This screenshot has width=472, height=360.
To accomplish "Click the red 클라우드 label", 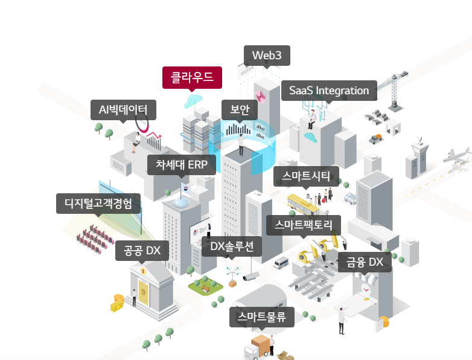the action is (192, 77).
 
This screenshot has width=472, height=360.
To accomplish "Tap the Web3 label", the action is (267, 55).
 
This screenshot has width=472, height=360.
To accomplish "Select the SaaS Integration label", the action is (329, 91).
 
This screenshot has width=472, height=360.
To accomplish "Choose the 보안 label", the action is (240, 109).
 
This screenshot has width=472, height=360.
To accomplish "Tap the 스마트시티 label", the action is (307, 176).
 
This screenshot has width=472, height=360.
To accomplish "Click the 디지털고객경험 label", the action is (98, 203).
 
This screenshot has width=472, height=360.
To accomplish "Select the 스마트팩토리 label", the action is (304, 225).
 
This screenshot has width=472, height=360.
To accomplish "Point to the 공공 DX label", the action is (142, 251).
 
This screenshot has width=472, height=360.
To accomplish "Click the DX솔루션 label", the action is (231, 246).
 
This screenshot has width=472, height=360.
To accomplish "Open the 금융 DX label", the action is (365, 262).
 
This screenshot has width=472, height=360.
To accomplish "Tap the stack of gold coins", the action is (117, 301).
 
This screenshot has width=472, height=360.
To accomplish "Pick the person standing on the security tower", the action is (241, 143).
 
